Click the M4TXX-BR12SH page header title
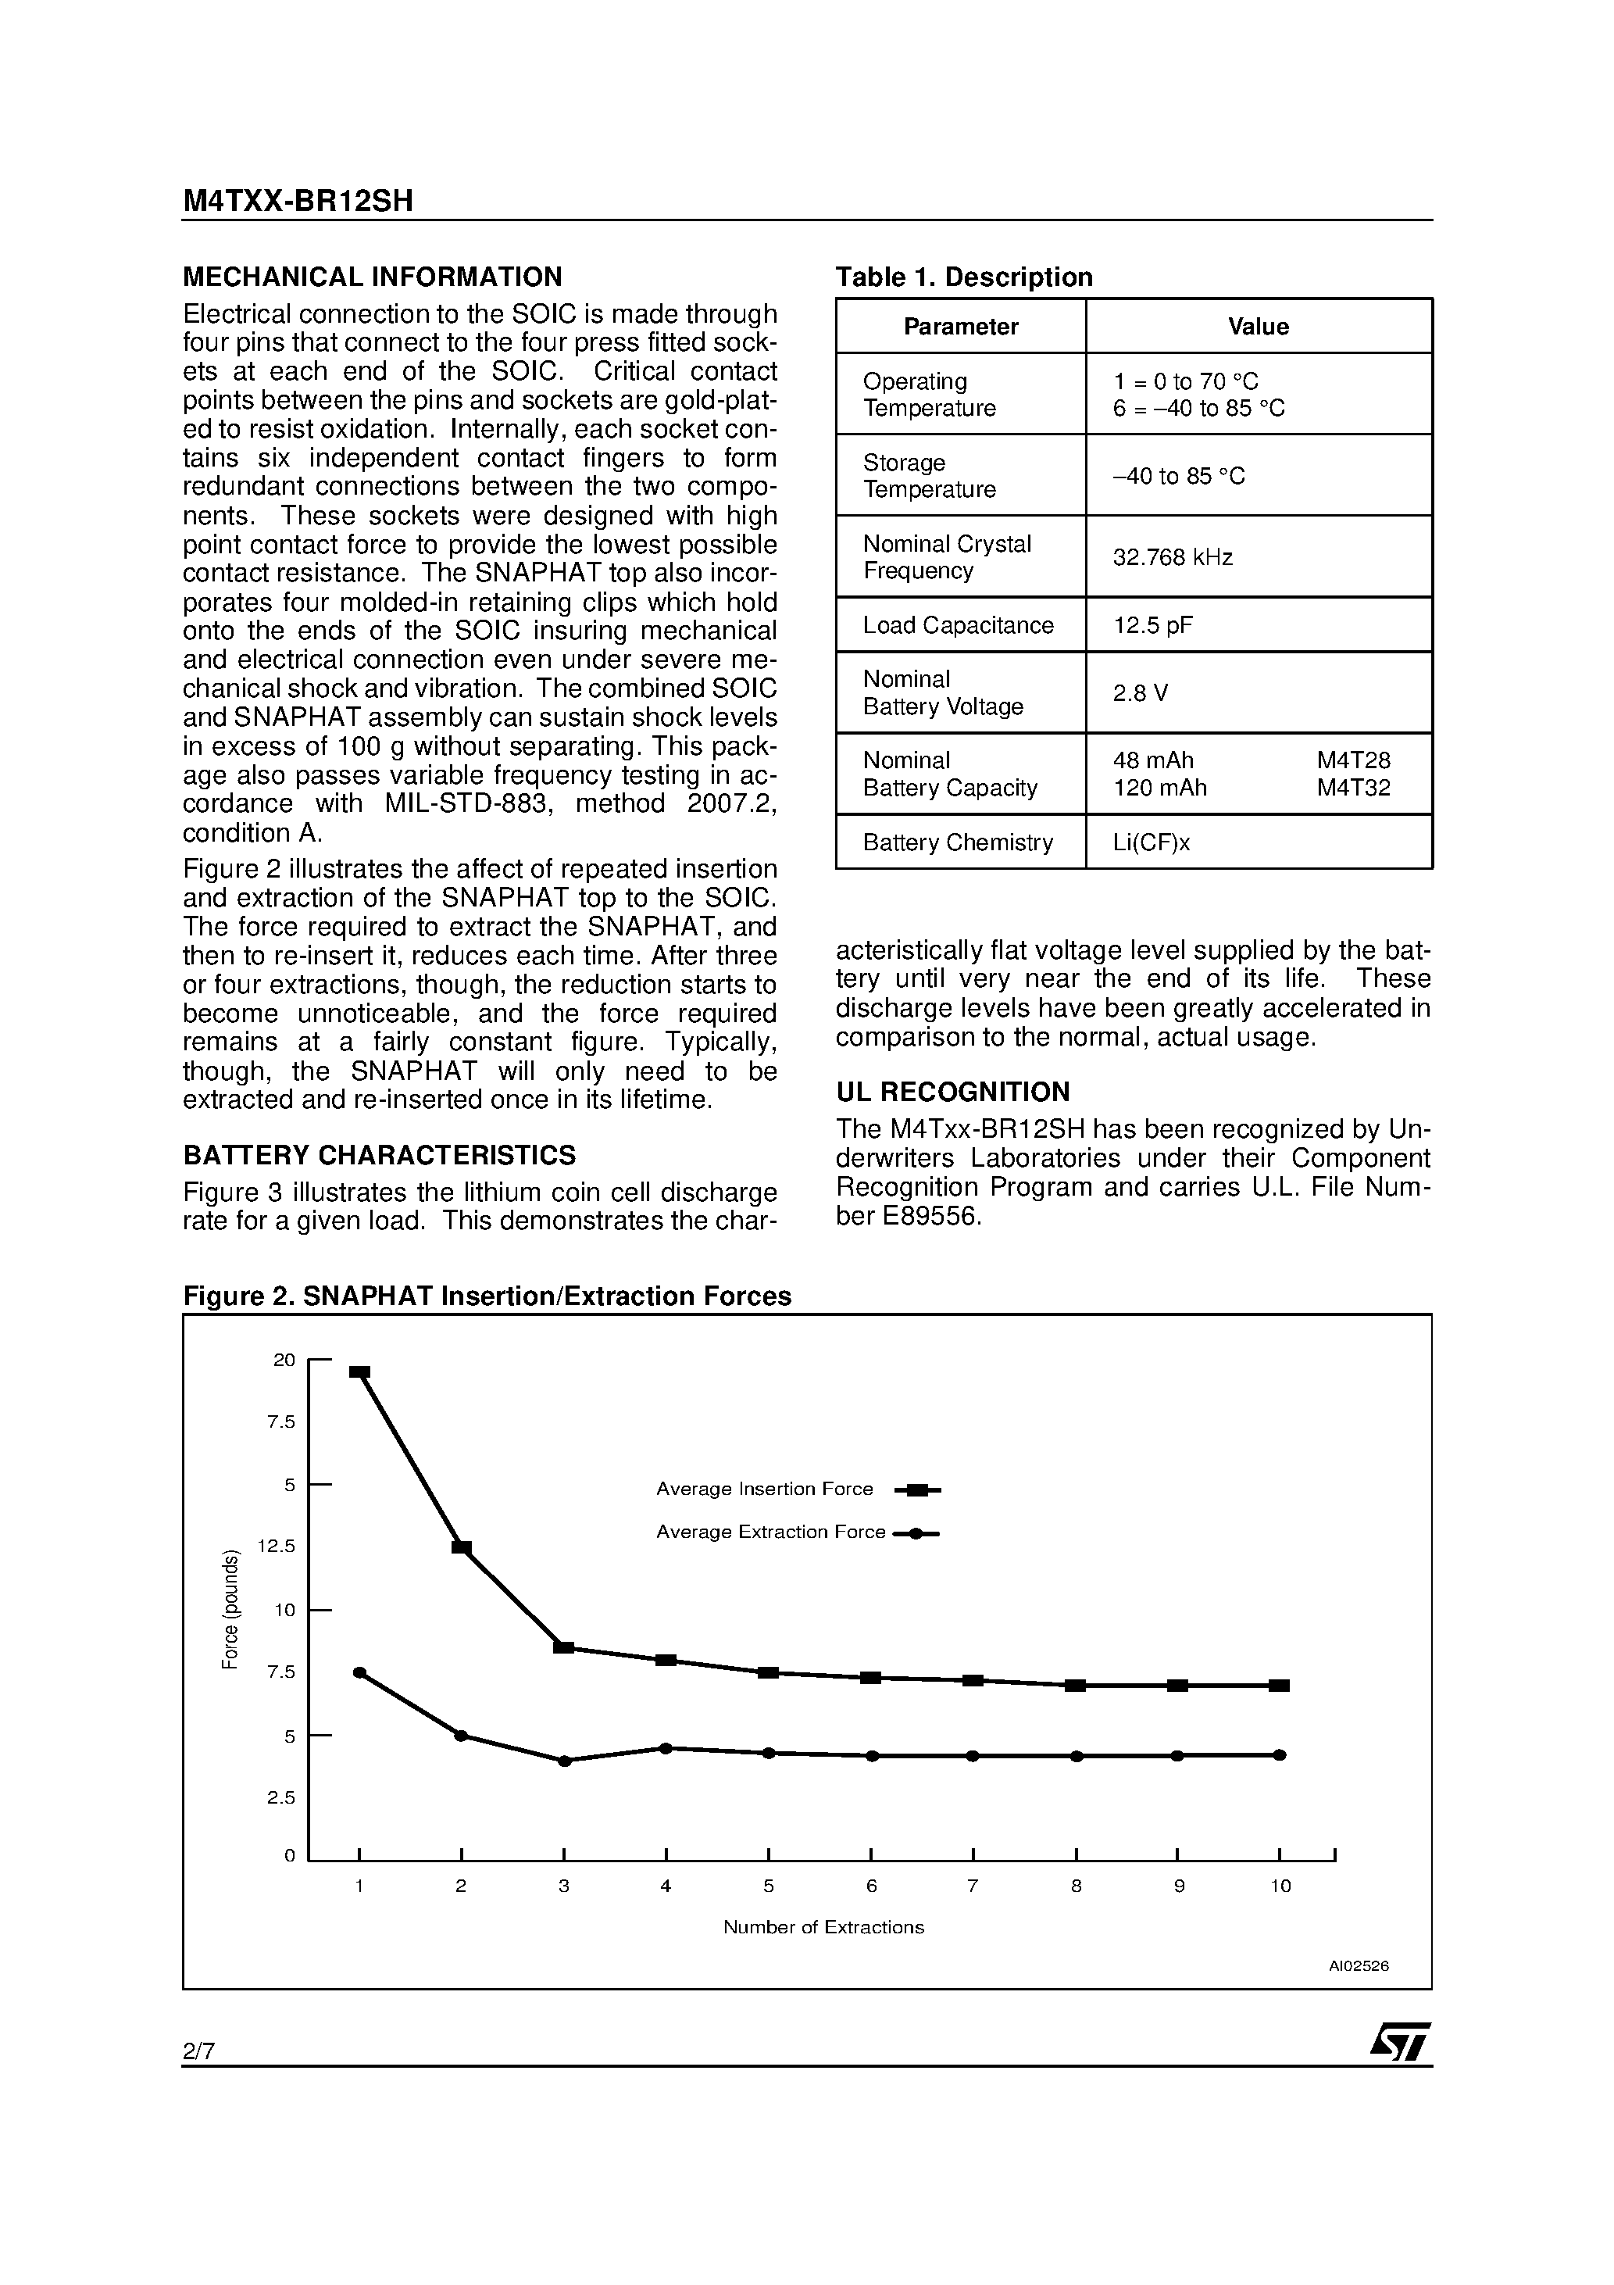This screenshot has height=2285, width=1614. [298, 202]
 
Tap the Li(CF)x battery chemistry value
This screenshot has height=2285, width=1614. [1152, 843]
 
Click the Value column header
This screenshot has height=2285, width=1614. [1258, 327]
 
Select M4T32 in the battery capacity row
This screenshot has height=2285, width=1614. [1353, 788]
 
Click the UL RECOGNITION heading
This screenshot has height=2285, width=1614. [952, 1092]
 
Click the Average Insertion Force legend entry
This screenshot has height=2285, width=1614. [764, 1489]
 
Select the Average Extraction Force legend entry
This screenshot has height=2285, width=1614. [770, 1532]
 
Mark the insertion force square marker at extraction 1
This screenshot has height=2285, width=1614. [360, 1372]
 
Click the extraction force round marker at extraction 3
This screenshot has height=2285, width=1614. [564, 1761]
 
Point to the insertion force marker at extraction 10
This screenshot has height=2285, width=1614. [1280, 1686]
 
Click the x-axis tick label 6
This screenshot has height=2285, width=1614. [872, 1886]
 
